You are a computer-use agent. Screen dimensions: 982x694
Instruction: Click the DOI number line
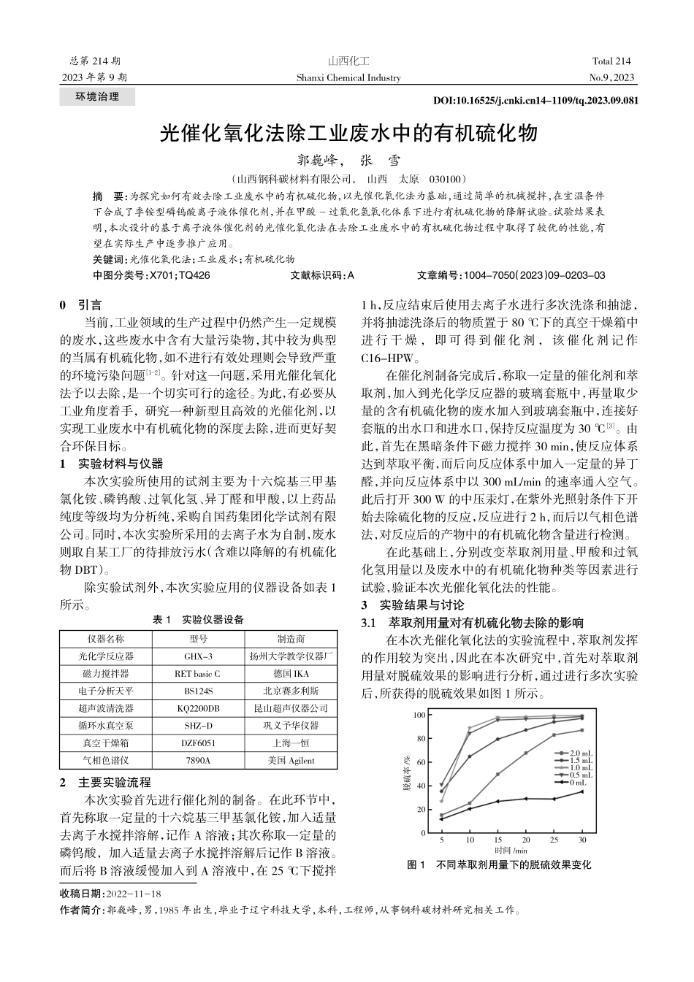(535, 101)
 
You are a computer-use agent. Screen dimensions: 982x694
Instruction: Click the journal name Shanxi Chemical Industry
(348, 77)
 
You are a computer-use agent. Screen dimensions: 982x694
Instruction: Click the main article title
(348, 134)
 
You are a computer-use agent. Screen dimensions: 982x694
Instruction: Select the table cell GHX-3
(198, 656)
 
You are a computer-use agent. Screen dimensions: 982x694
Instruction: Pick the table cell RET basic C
(198, 673)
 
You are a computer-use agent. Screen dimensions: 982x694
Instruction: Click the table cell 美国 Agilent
(291, 760)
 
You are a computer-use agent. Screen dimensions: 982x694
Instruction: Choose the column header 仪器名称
(106, 639)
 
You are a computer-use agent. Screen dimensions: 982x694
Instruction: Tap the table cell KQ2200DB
(198, 708)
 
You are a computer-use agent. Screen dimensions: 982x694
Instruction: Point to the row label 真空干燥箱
(106, 743)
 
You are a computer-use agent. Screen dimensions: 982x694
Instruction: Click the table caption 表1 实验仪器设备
(197, 620)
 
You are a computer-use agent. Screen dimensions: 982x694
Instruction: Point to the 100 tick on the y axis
(419, 715)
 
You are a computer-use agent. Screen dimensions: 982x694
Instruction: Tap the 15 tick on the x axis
(497, 841)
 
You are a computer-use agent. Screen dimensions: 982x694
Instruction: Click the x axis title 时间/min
(511, 851)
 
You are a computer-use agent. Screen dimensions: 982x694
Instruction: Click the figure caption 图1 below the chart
(499, 865)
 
